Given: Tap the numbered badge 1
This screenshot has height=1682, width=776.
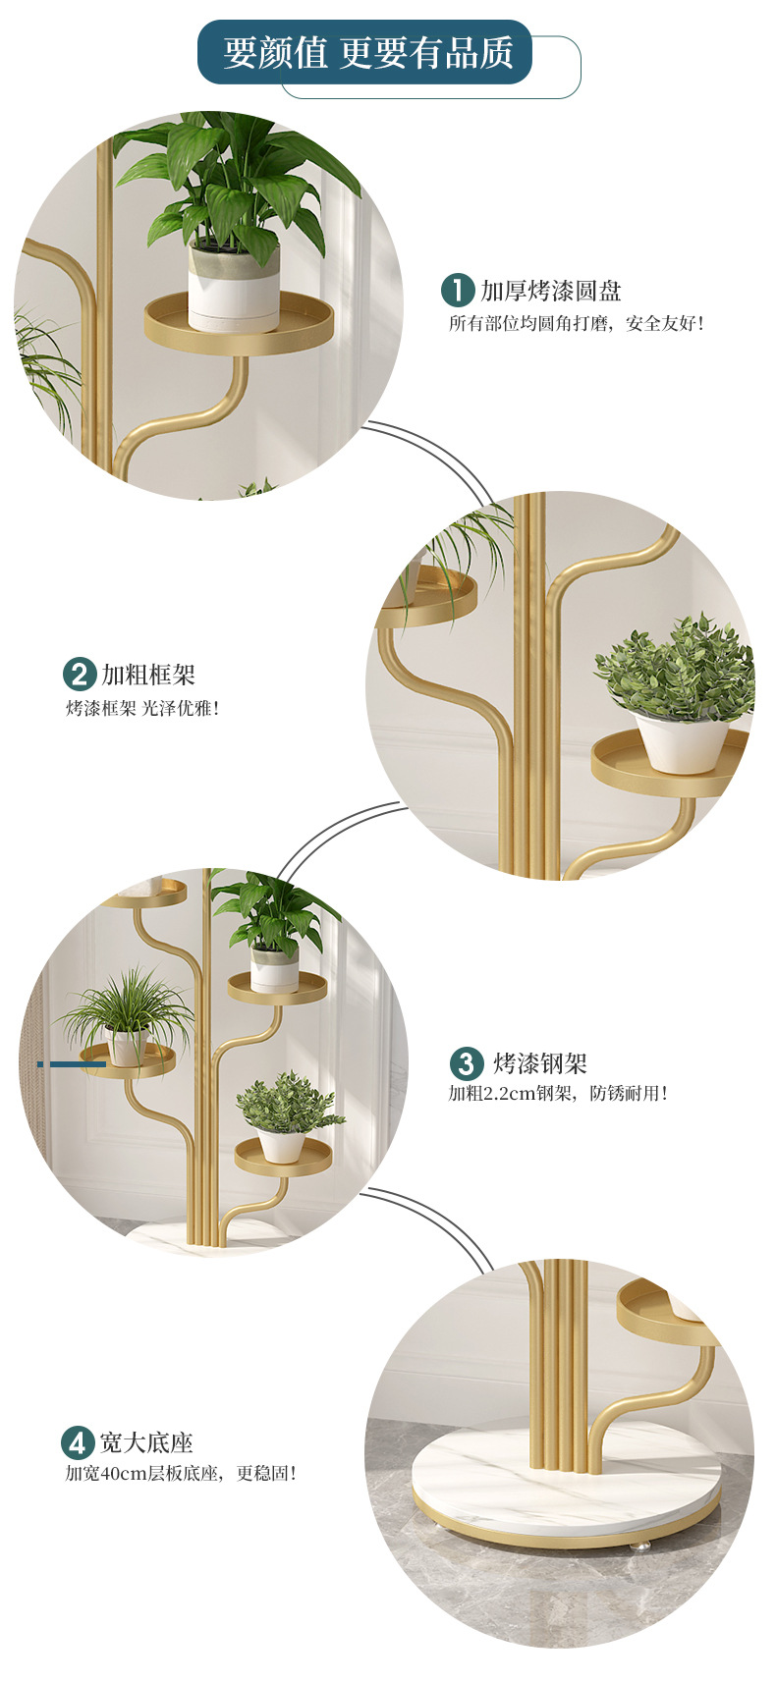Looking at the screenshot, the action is tap(457, 291).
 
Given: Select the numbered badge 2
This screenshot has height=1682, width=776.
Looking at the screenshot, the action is tap(79, 675).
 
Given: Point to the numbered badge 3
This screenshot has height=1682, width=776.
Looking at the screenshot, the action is tap(466, 1063).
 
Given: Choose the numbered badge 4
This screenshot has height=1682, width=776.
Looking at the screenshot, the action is tap(77, 1442).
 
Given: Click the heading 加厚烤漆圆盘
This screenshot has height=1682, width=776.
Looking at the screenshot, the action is tap(551, 291).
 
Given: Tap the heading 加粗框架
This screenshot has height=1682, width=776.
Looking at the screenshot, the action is tap(148, 675).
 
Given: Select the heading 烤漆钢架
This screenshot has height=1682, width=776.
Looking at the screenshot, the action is tap(540, 1063).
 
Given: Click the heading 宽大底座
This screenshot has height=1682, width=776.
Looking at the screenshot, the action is tap(146, 1442).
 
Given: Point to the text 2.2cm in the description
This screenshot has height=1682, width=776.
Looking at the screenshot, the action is tap(509, 1093).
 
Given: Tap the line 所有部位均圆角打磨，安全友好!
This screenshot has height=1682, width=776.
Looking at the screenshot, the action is tap(576, 323).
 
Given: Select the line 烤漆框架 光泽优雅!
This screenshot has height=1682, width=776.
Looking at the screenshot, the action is tap(142, 707).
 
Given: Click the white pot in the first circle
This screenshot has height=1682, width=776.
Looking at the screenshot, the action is tap(234, 288).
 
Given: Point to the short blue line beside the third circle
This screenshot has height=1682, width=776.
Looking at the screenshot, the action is tap(71, 1064).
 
